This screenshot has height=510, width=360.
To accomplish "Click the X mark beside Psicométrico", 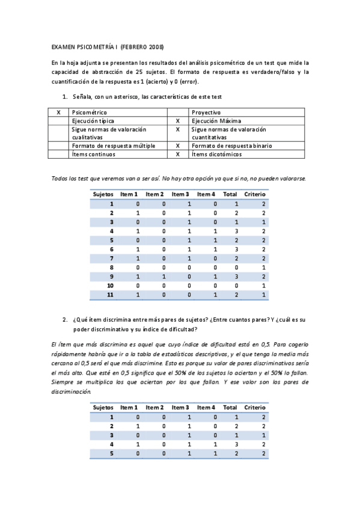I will click(58, 112).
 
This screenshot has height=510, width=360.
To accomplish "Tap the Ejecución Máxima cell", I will click(215, 120).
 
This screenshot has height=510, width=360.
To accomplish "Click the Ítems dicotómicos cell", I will click(216, 154).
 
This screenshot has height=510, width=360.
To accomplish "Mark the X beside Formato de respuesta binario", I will click(178, 146).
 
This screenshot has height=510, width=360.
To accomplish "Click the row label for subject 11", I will click(111, 295).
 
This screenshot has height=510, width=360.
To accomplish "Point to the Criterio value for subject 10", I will click(263, 285).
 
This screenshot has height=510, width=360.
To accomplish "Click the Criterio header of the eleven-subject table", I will click(255, 194).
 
